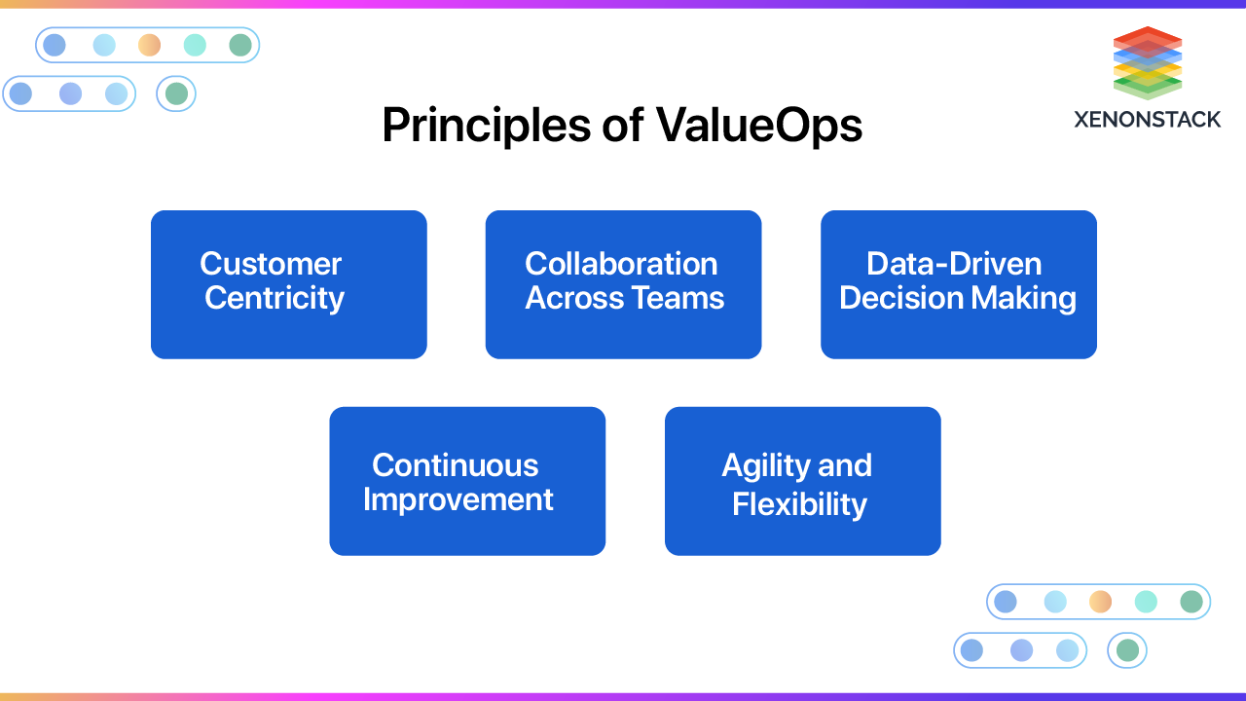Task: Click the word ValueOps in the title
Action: coord(758,126)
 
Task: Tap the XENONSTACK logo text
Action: coord(1147,119)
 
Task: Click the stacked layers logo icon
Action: coord(1148,62)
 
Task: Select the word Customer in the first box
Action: coord(271,264)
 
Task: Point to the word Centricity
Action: coord(275,298)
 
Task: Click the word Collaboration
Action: coord(621,264)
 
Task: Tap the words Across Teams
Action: coord(624,298)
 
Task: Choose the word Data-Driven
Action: coord(954,264)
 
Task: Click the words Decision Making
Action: coord(958,298)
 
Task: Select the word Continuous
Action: coord(455,465)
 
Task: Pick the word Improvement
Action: coord(458,499)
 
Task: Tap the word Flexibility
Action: coord(799,504)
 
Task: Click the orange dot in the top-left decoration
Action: coord(149,45)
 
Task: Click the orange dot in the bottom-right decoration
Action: coord(1100,602)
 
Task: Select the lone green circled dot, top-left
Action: coord(176,93)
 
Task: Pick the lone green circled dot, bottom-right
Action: coord(1127,650)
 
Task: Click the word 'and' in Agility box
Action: coord(845,466)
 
